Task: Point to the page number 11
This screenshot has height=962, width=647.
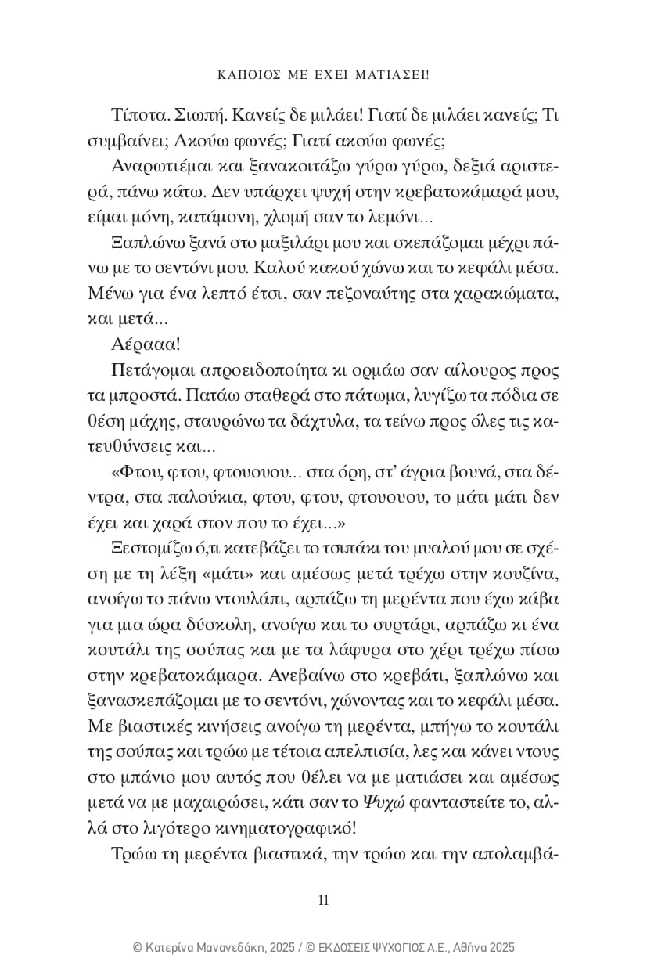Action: [323, 899]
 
